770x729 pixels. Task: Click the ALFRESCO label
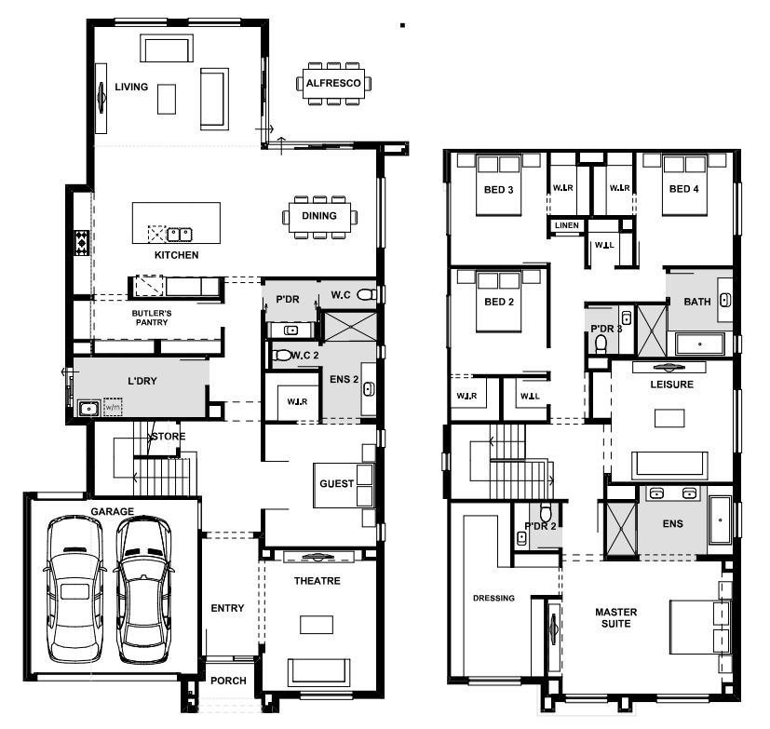click(333, 84)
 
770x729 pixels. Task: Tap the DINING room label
click(319, 216)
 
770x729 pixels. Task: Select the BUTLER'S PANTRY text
click(152, 317)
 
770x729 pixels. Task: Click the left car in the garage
click(74, 589)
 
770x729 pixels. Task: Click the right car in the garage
click(143, 589)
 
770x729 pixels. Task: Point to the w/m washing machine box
click(113, 407)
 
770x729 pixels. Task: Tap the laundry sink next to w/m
click(88, 409)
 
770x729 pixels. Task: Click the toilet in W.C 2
click(282, 355)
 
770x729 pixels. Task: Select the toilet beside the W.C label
click(366, 294)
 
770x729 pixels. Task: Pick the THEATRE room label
click(317, 581)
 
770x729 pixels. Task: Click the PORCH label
click(228, 681)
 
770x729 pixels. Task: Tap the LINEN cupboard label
click(567, 225)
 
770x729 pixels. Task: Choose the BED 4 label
click(683, 189)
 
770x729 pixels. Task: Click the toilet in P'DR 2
click(546, 512)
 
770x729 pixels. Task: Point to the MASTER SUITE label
click(615, 618)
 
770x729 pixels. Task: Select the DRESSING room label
click(493, 598)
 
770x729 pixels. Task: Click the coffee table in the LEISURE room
click(669, 419)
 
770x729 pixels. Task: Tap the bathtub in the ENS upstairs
click(721, 520)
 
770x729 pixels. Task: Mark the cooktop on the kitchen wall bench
click(82, 242)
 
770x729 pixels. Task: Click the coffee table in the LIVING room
click(167, 100)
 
